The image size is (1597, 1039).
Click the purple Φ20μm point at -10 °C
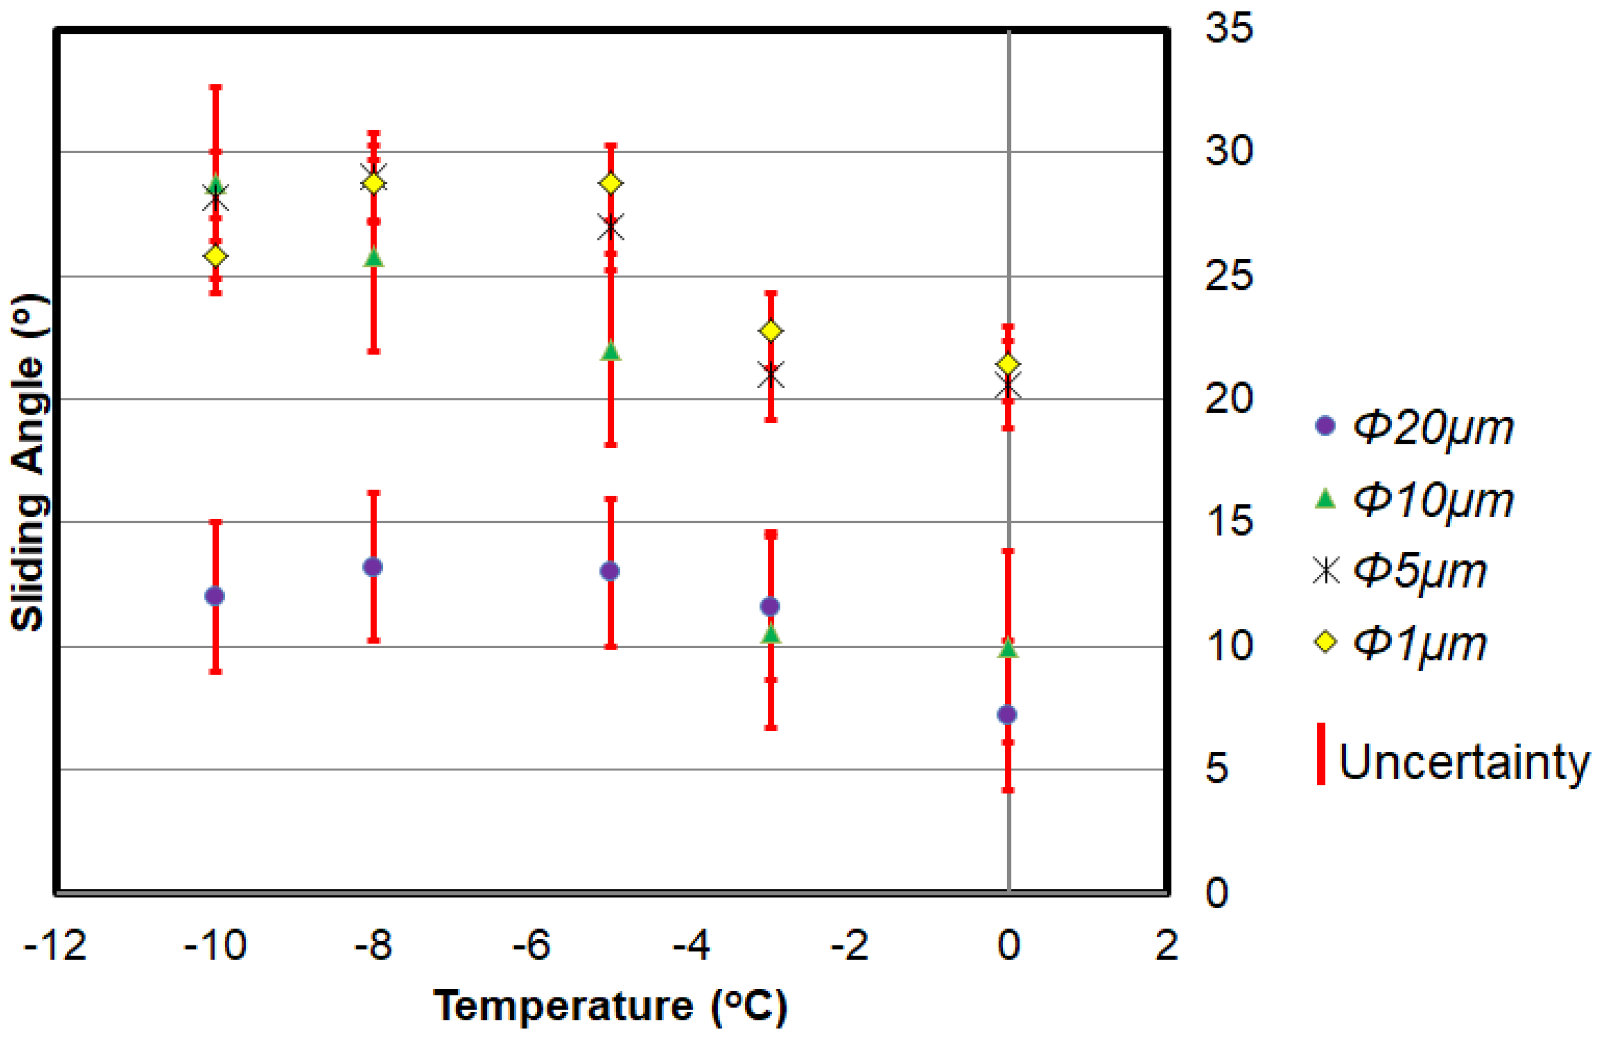point(215,596)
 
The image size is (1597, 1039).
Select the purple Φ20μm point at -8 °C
point(373,567)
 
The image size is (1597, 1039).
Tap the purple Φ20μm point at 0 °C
point(1007,714)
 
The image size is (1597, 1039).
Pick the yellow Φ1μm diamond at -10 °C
point(215,256)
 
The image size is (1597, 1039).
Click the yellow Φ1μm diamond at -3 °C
point(771,331)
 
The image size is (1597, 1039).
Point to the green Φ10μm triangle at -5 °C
point(611,351)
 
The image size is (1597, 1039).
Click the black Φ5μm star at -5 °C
point(611,228)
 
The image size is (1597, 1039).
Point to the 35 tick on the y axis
point(1229,29)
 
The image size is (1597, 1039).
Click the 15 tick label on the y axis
point(1229,521)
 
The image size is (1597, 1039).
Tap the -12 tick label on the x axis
point(55,946)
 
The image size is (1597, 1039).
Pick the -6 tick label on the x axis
point(532,946)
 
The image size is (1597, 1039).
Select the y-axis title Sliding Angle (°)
point(28,463)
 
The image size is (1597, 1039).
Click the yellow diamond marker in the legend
point(1325,642)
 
